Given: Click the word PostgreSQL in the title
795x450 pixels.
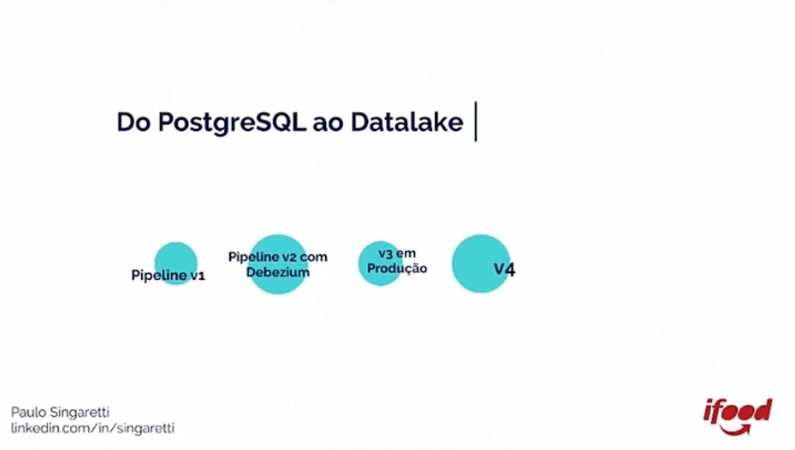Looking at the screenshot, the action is pos(231,123).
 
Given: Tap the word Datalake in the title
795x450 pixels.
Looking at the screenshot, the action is pos(407,122).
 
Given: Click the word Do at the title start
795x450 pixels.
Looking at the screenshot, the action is pos(133,122).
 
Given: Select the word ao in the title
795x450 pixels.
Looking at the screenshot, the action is pos(328,125).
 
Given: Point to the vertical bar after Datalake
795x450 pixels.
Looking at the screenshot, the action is pos(475,122).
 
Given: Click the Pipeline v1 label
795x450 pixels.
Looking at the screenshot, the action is pos(168,275).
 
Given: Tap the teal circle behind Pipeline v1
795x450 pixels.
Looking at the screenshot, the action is pos(176,264).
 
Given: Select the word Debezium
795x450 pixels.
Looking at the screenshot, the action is pos(278,272).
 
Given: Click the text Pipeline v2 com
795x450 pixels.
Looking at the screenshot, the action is pos(278,257).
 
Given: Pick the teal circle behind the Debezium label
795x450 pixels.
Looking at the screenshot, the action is pos(278,264).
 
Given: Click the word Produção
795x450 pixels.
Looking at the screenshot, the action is pos(397,269).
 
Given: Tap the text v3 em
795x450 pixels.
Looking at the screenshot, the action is pos(397,253).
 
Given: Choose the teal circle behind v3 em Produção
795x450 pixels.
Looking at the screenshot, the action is pos(381,264).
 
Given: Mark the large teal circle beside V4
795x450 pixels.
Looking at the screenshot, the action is pos(481,264).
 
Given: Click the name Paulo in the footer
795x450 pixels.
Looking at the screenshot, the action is pos(29,412).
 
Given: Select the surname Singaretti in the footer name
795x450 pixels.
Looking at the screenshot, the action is pos(80,413).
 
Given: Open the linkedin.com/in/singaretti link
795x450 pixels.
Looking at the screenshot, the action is pos(93,428).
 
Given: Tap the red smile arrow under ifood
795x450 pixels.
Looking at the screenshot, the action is pos(736,430).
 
